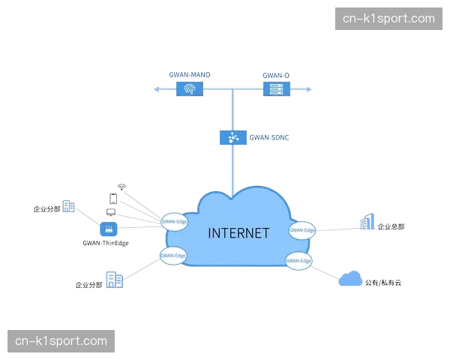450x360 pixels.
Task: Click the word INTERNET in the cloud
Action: tap(238, 232)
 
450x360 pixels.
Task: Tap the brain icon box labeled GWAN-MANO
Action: tap(190, 90)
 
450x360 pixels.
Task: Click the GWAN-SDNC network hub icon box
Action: tap(232, 138)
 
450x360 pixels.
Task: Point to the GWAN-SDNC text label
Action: tap(268, 138)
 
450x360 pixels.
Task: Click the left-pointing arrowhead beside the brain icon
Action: tap(156, 90)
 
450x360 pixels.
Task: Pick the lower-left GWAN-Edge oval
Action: tap(174, 255)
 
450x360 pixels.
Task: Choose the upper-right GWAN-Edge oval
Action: tap(301, 230)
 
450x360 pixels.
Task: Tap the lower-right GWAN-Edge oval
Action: tap(298, 260)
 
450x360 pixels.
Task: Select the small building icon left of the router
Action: tap(68, 206)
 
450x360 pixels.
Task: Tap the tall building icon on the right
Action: tap(367, 223)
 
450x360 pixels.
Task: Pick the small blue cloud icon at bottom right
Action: tap(350, 280)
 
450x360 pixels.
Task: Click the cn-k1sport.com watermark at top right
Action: tap(388, 18)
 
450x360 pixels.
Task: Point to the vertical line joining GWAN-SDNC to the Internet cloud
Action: tap(232, 166)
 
